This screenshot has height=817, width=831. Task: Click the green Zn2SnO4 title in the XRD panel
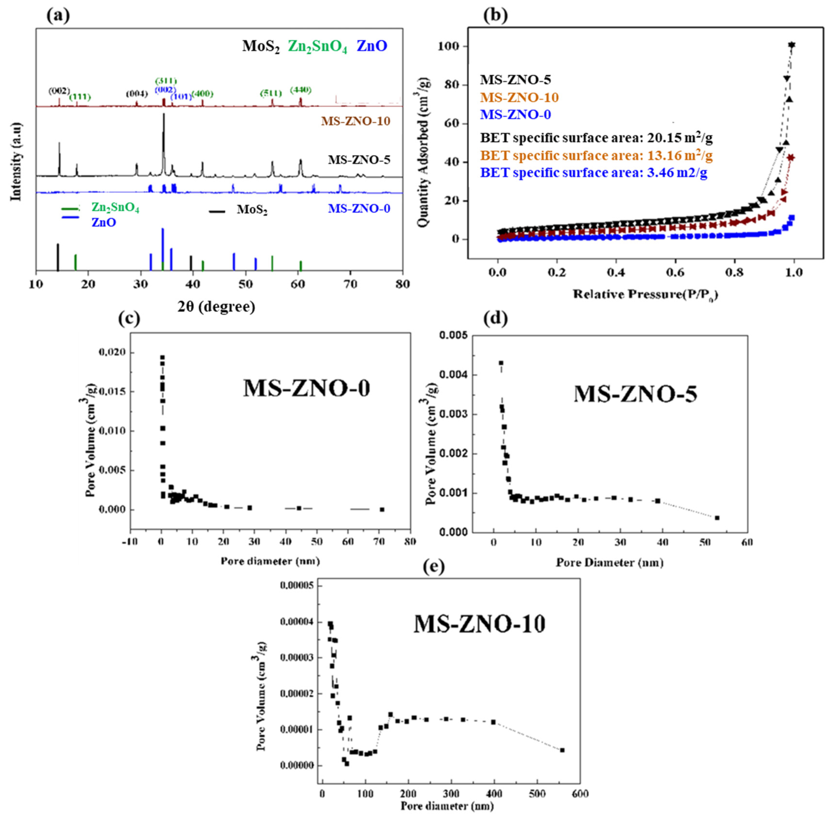pos(317,46)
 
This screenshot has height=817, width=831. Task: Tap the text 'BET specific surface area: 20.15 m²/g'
pos(596,138)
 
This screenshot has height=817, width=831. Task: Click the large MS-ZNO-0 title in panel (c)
pos(307,389)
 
